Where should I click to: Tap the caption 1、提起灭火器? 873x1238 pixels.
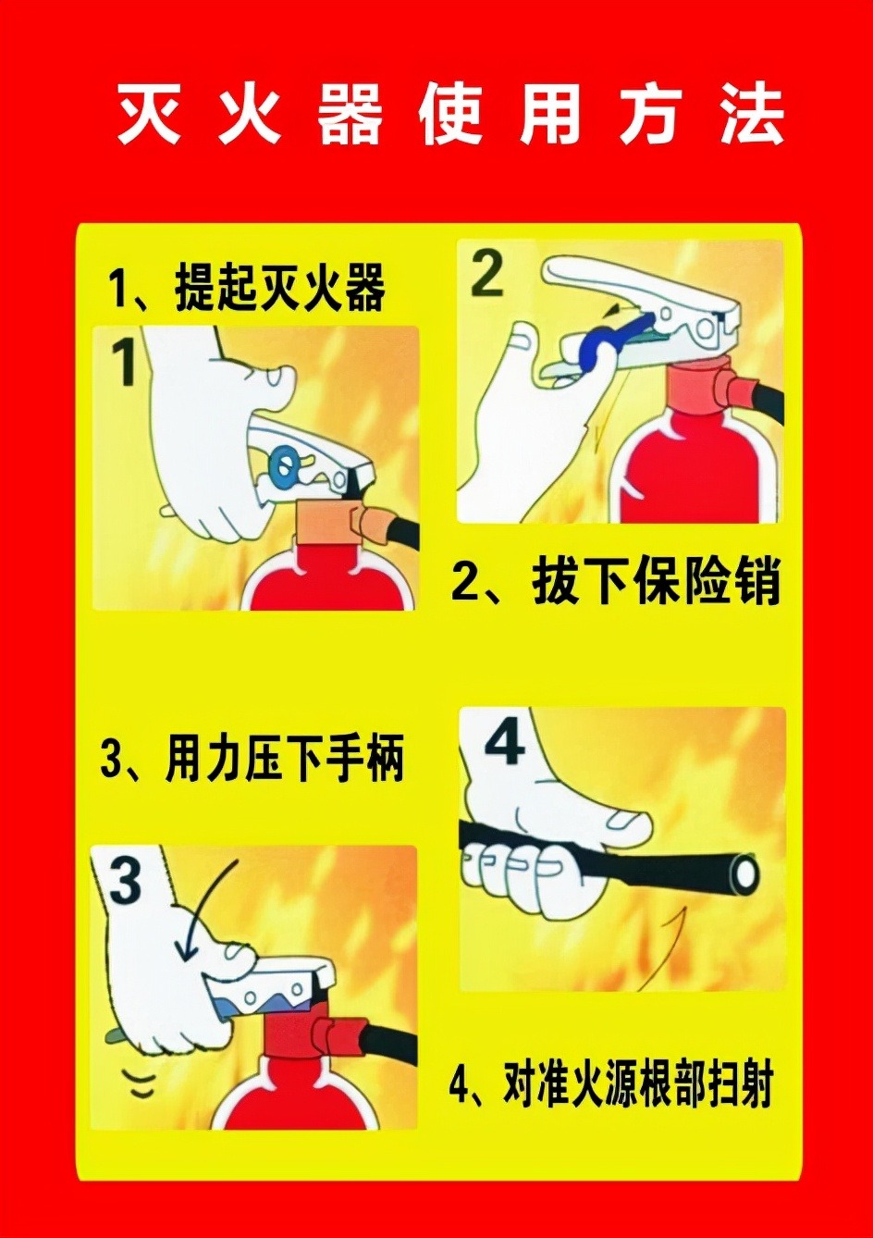pyautogui.click(x=246, y=289)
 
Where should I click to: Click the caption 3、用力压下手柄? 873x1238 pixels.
pyautogui.click(x=252, y=761)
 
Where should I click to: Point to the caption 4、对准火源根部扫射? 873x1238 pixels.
pyautogui.click(x=611, y=1084)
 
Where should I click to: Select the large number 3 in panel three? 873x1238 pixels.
pyautogui.click(x=126, y=883)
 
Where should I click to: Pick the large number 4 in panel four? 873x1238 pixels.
pyautogui.click(x=505, y=746)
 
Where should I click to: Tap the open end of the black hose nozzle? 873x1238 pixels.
pyautogui.click(x=745, y=874)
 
